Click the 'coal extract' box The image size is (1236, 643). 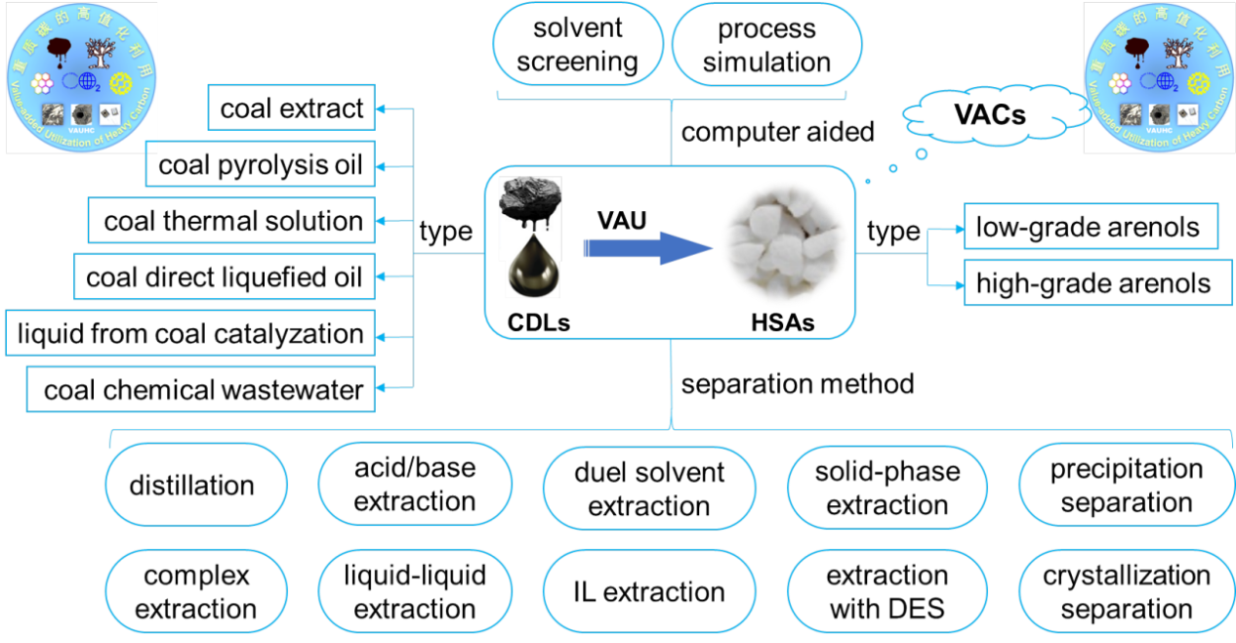[291, 107]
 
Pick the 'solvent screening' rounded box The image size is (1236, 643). [577, 45]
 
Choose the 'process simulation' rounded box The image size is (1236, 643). [766, 45]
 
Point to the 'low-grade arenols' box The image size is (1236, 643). [1087, 228]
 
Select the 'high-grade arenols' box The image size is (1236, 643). [1092, 283]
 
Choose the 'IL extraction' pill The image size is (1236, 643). [648, 591]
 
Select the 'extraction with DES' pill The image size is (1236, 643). [886, 591]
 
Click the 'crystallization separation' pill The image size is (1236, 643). [1126, 591]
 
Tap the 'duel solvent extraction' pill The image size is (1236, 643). [648, 489]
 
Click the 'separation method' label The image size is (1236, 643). [797, 383]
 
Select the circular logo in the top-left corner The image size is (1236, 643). [81, 76]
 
